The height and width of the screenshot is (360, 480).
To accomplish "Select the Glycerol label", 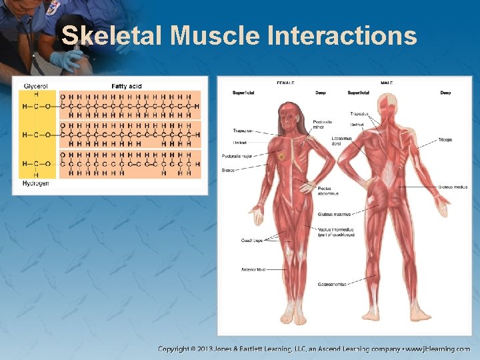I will coord(35,86).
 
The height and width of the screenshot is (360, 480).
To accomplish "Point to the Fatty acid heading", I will coord(126,86).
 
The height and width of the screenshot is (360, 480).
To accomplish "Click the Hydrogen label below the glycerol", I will coord(36,183).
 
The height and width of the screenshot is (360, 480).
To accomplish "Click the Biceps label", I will coord(228,170).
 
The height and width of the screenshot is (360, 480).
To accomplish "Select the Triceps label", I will coord(445,140).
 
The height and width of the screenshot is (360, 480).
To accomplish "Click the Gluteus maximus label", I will coord(333,214).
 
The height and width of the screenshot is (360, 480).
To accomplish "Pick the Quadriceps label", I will coord(251,240).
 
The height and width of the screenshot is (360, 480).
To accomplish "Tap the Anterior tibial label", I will coord(253,269).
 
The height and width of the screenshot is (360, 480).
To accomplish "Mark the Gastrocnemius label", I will coord(332,284).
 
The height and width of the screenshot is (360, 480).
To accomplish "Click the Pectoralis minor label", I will coord(322,124).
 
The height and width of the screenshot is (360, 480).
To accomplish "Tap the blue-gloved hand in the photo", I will coord(67,61).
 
